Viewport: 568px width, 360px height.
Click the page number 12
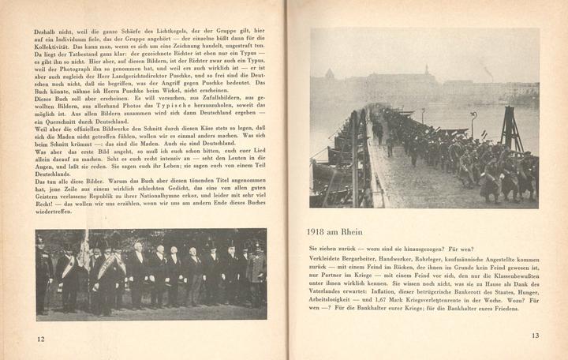click(x=40, y=339)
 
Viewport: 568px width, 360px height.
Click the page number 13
click(x=535, y=336)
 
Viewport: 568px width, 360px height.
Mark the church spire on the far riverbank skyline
click(x=428, y=75)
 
